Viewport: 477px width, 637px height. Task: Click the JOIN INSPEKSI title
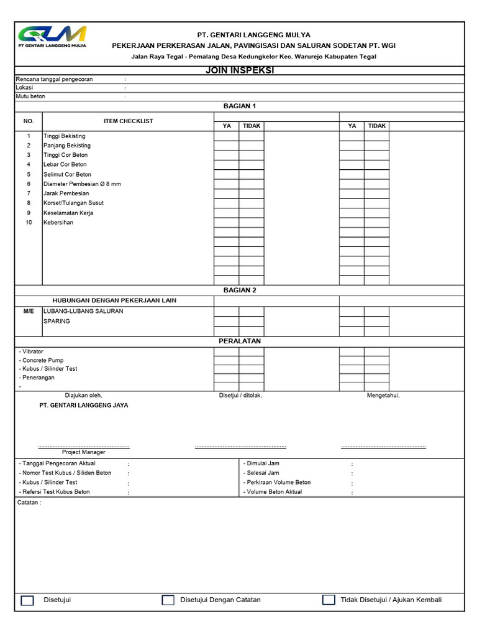pyautogui.click(x=239, y=71)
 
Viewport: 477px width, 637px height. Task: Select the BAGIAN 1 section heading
pyautogui.click(x=239, y=106)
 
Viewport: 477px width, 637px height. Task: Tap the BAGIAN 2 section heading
pyautogui.click(x=239, y=290)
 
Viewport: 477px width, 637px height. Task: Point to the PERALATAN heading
pyautogui.click(x=239, y=342)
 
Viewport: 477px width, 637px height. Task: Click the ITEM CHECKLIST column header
pyautogui.click(x=128, y=121)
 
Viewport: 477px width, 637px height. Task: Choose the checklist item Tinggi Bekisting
pyautogui.click(x=65, y=136)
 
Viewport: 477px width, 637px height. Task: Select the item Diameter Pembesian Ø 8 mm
pyautogui.click(x=82, y=184)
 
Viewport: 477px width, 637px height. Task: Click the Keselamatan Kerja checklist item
pyautogui.click(x=68, y=213)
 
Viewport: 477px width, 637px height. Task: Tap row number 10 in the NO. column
pyautogui.click(x=29, y=223)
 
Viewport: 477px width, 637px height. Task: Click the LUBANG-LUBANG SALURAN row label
pyautogui.click(x=83, y=311)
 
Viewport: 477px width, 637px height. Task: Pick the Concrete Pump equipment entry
pyautogui.click(x=42, y=360)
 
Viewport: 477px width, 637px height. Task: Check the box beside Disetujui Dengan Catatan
pyautogui.click(x=168, y=600)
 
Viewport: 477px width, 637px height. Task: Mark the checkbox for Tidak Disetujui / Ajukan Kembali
pyautogui.click(x=329, y=600)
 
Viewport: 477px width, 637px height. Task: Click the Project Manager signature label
pyautogui.click(x=83, y=452)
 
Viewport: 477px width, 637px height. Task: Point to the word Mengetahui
pyautogui.click(x=383, y=395)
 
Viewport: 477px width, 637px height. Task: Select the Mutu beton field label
pyautogui.click(x=30, y=96)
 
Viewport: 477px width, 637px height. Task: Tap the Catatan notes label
pyautogui.click(x=29, y=503)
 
